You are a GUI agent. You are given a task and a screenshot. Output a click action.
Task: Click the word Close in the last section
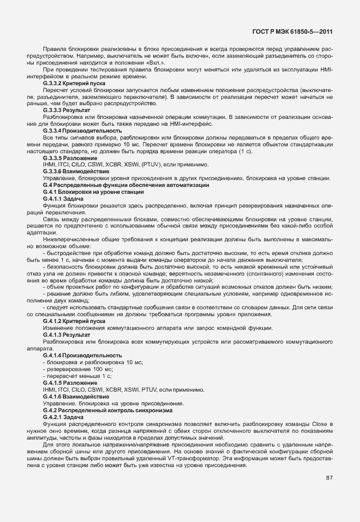[326, 424]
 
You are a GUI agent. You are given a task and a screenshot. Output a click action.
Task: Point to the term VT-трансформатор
[219, 457]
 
